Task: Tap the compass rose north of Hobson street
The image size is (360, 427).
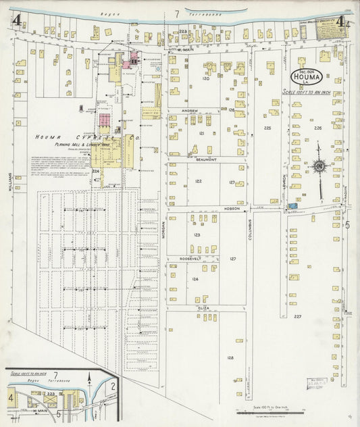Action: [x=320, y=165]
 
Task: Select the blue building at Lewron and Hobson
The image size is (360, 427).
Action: [x=291, y=205]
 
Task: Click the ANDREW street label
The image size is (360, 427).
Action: [x=190, y=110]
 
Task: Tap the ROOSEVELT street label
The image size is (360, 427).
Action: [x=192, y=259]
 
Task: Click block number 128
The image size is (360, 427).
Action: [x=230, y=357]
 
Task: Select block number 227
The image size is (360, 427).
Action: [x=297, y=316]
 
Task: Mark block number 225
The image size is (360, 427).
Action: [x=267, y=128]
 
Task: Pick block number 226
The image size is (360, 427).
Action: [x=317, y=127]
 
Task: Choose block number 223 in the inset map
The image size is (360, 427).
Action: [x=51, y=393]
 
